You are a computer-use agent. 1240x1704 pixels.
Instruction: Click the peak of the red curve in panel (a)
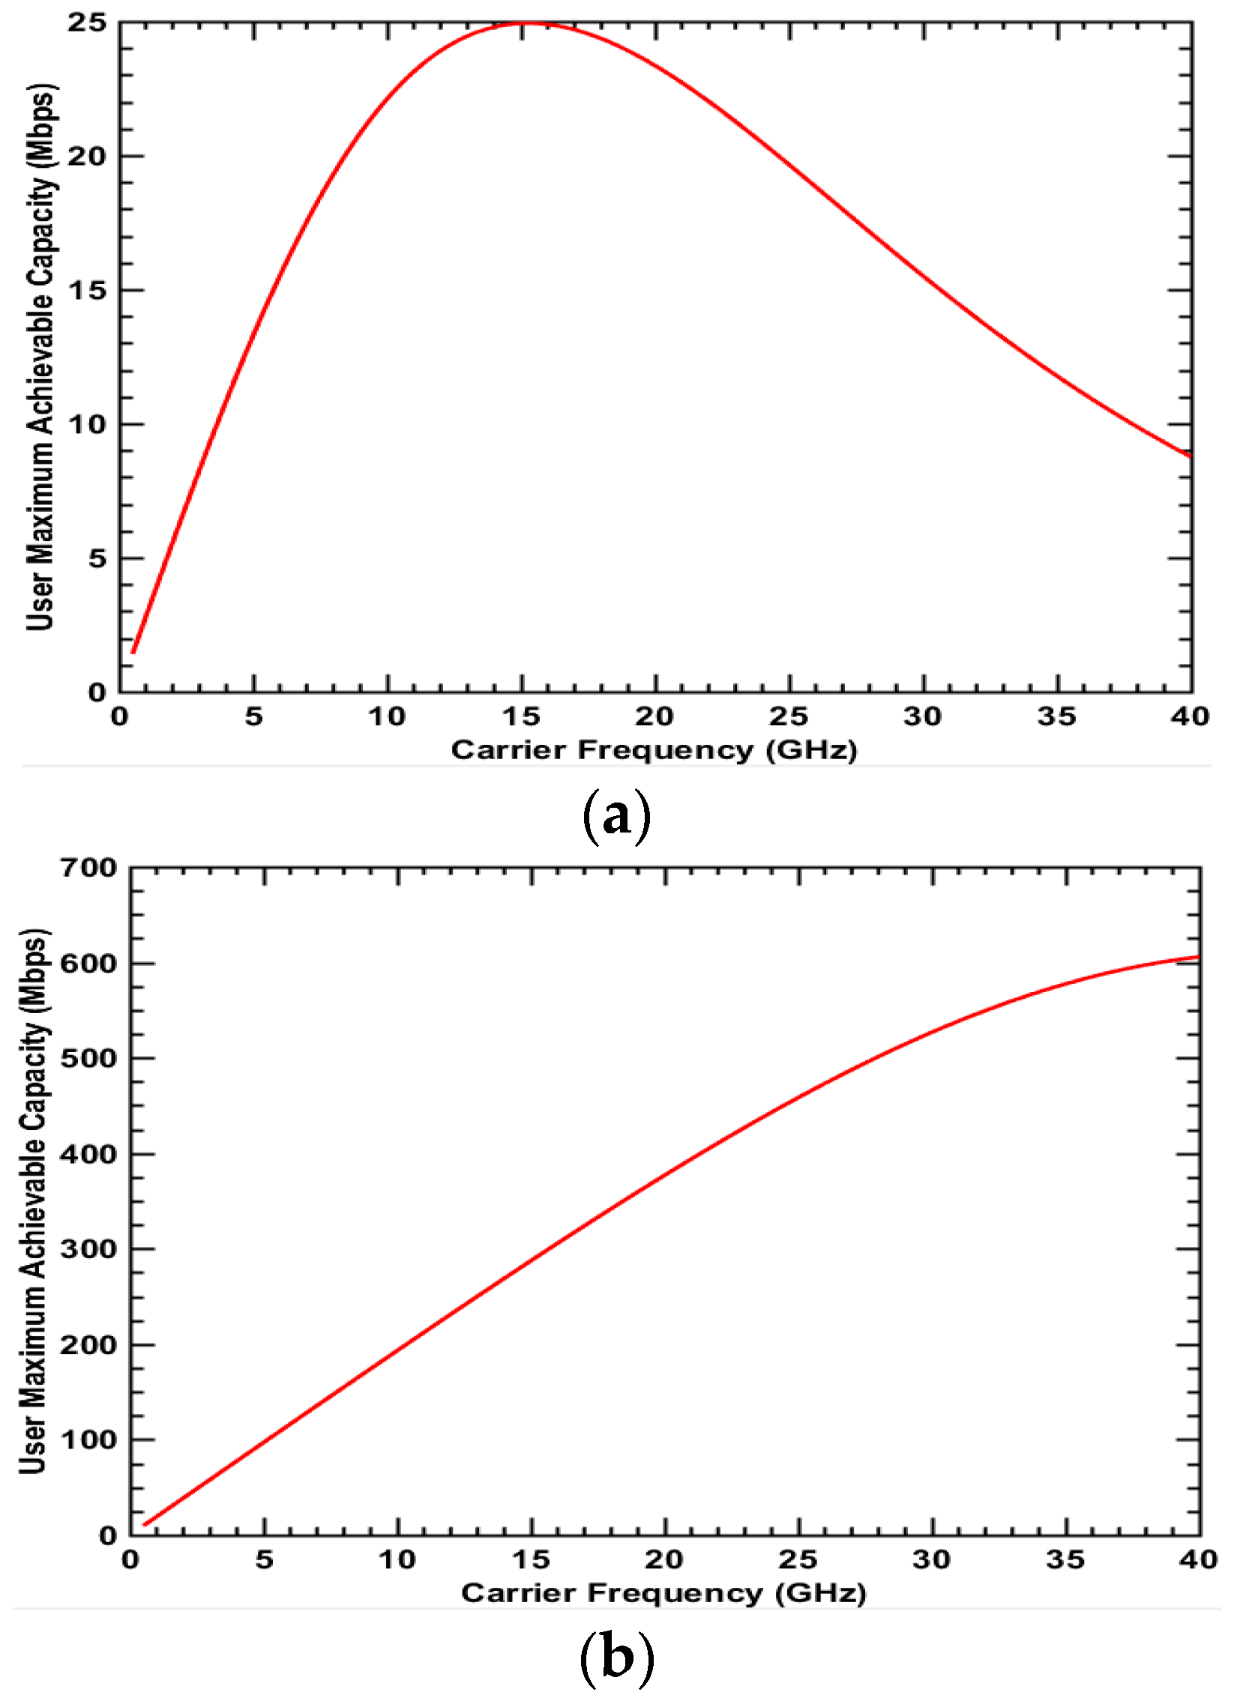523,23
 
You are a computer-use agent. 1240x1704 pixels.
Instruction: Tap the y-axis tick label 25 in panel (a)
87,22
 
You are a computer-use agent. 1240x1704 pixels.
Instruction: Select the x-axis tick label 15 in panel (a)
522,716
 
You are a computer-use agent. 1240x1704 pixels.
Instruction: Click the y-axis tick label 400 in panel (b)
88,1153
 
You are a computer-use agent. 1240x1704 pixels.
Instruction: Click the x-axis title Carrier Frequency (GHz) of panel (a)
654,750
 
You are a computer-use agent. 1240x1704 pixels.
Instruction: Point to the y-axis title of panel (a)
40,357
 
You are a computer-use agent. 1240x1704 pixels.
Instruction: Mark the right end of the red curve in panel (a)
1191,456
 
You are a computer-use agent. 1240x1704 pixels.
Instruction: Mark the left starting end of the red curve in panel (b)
144,1525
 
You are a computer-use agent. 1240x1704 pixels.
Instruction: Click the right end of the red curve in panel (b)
1199,957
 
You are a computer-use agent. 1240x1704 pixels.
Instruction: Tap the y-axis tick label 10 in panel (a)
87,423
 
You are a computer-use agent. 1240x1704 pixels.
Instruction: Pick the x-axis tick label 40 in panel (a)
1190,716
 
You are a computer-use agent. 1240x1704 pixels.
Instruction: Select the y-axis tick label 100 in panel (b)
88,1440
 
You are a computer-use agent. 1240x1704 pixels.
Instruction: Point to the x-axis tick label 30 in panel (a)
923,716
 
